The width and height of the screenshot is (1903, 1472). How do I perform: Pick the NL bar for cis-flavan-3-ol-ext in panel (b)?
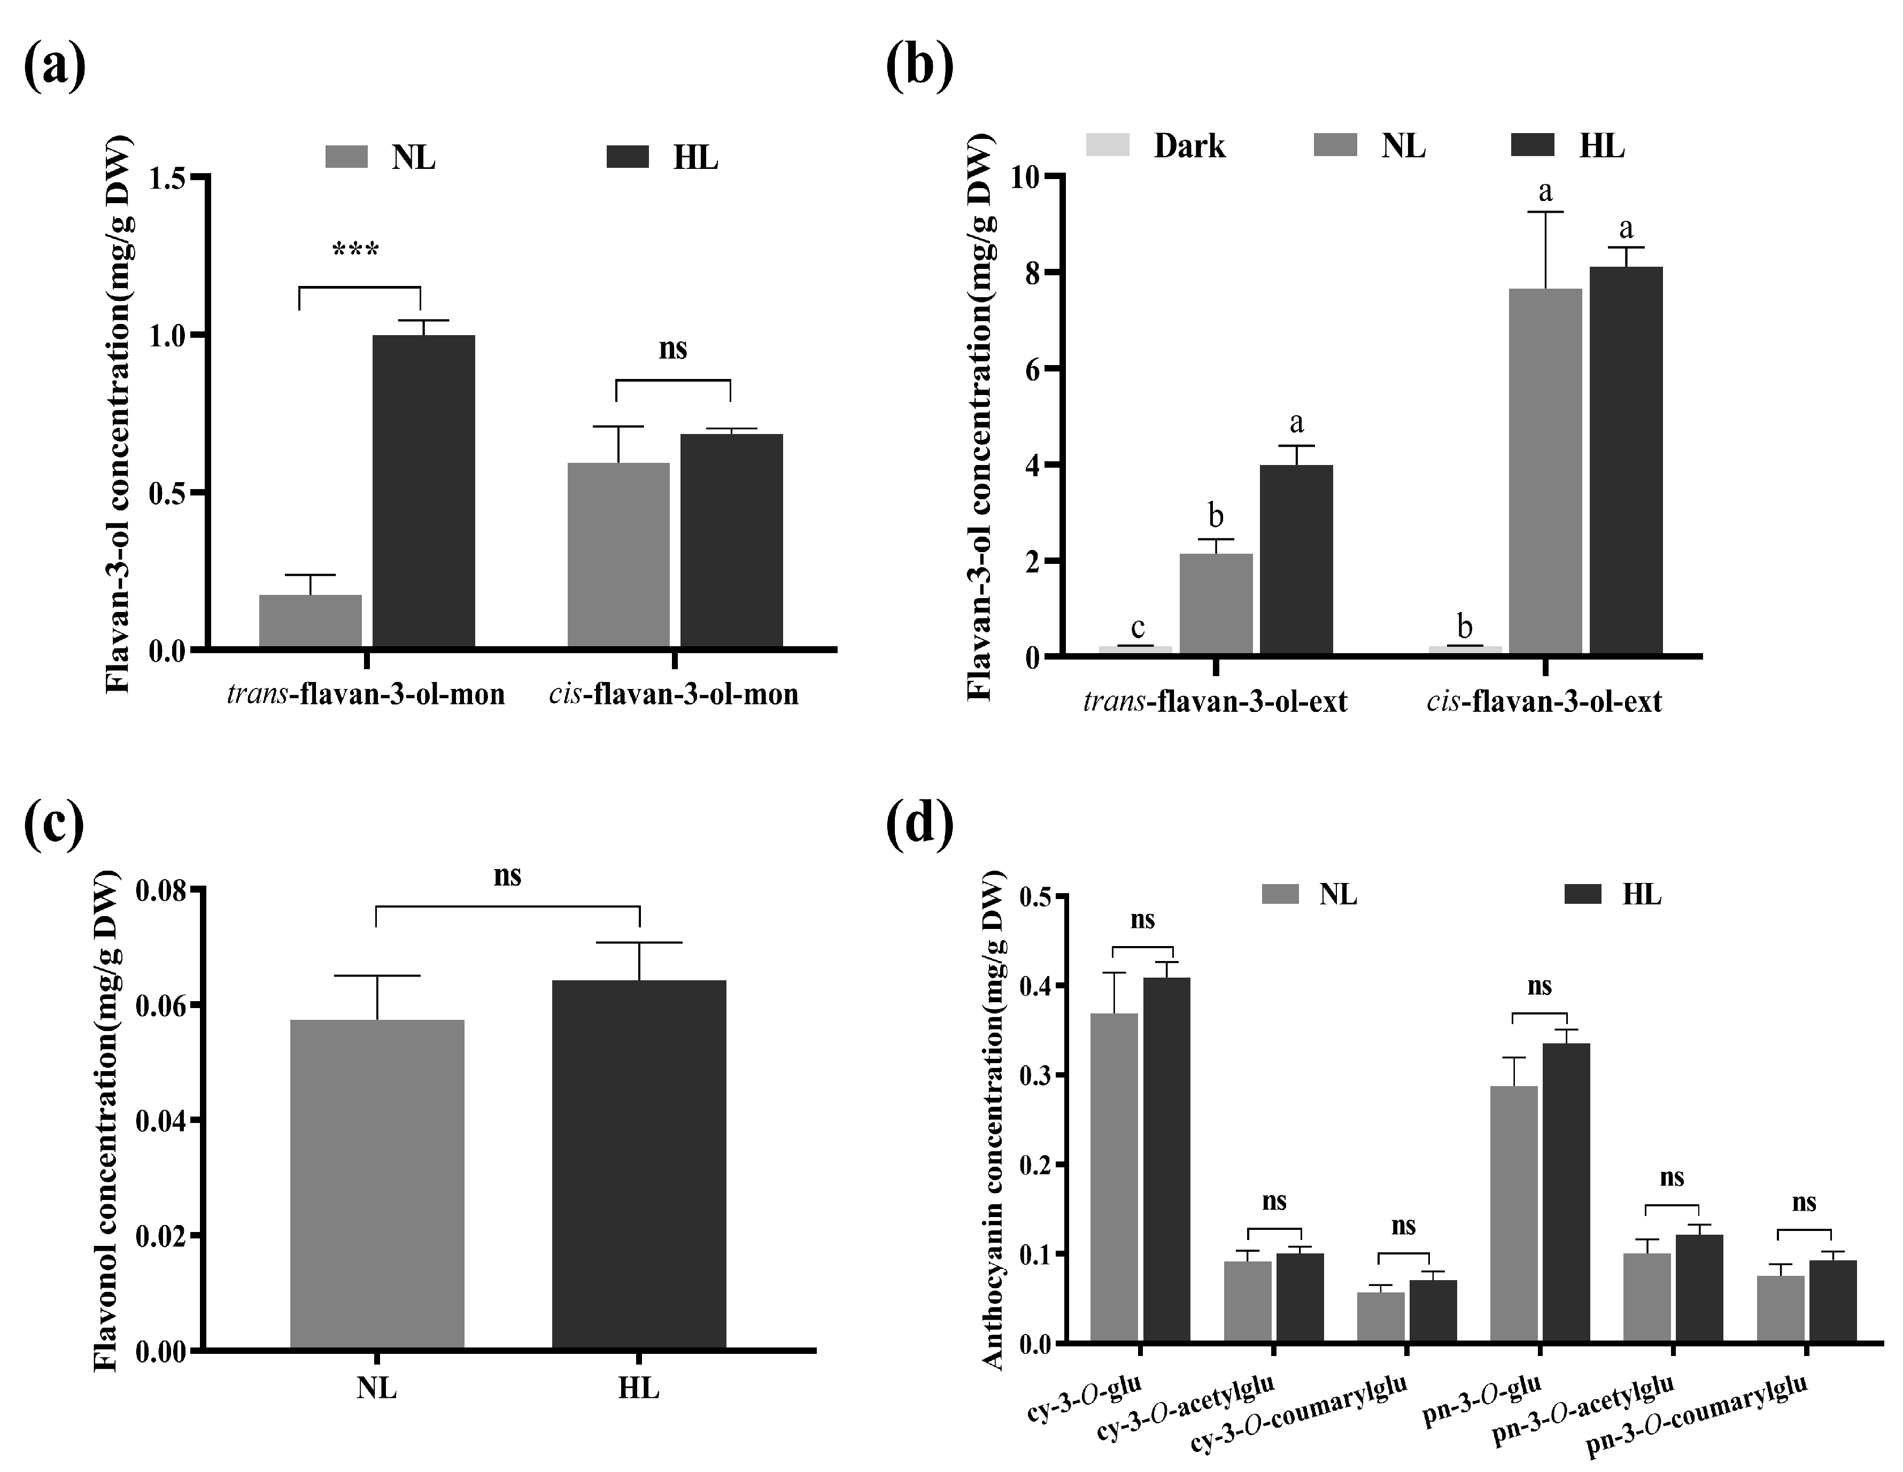(x=1545, y=470)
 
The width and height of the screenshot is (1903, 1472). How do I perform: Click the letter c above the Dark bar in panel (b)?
(x=1137, y=627)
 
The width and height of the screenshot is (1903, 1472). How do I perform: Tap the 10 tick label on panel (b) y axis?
(x=1028, y=177)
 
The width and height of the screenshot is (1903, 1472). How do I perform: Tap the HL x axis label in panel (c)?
(x=639, y=1388)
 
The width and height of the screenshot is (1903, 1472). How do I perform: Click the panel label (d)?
(x=919, y=823)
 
